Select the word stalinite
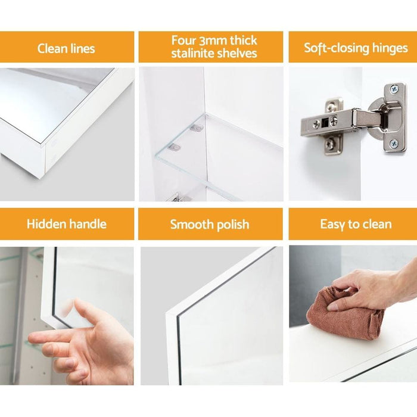coord(192,53)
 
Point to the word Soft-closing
coord(337,48)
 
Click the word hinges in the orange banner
coord(390,49)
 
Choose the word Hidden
coord(45,224)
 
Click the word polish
coord(233,225)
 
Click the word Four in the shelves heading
coord(183,41)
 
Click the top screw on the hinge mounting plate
coord(394,89)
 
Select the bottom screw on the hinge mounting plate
coord(394,144)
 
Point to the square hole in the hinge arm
coord(325,122)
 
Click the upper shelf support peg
coord(197,129)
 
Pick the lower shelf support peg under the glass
coord(175,147)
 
